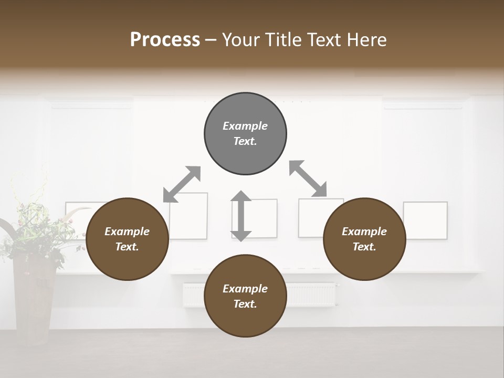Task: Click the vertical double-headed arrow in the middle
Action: [241, 216]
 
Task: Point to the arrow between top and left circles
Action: [182, 184]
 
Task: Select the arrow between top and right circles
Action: [308, 178]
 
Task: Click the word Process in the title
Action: [165, 40]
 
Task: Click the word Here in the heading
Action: [367, 40]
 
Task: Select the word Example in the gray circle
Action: [245, 126]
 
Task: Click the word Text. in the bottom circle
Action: [245, 304]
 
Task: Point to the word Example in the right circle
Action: [364, 232]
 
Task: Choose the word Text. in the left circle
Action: [127, 247]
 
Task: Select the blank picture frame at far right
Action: [425, 220]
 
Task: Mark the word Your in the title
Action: [239, 40]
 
